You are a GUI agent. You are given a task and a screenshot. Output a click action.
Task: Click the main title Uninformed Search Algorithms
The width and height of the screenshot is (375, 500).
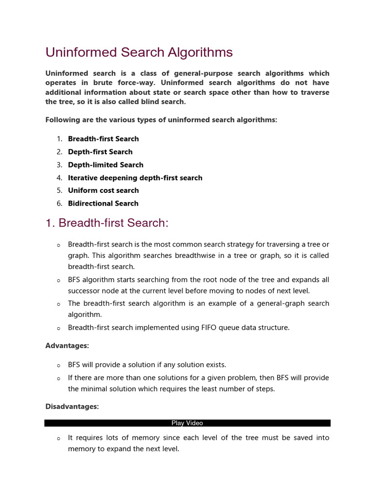coord(139,52)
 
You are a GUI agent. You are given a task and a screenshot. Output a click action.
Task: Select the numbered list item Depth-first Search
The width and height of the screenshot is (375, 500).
coord(100,152)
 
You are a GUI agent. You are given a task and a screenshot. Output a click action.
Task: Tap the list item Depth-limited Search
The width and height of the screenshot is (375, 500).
coord(105,165)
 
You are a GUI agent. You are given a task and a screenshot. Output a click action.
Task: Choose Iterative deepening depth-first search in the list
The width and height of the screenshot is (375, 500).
coord(135,178)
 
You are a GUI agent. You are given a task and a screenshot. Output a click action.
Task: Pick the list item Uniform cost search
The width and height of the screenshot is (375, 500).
coord(103,190)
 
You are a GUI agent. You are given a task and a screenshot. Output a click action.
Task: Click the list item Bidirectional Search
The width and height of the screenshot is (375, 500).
coord(103,204)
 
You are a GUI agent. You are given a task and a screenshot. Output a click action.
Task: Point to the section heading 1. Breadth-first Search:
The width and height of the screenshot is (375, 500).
coord(106,223)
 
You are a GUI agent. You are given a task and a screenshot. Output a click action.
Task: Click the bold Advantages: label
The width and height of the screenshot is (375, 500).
coord(67,346)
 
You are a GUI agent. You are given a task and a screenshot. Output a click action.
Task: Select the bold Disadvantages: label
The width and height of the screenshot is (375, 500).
coord(72,407)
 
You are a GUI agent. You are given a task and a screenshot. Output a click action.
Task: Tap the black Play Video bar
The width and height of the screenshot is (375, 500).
coord(187,423)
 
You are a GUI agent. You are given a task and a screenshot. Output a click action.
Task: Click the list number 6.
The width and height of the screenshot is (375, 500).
coord(60,204)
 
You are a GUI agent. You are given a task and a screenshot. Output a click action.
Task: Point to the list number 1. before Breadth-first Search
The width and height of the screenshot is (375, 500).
coord(60,139)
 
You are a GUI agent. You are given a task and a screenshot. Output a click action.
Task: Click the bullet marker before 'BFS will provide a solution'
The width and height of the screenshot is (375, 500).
coord(58,366)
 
